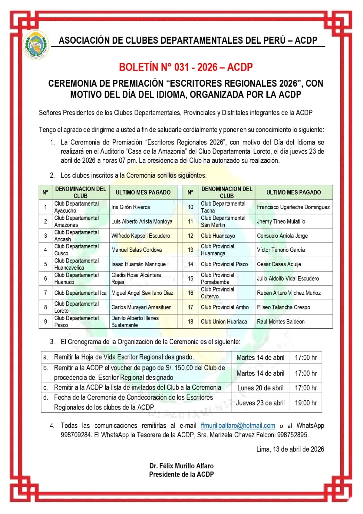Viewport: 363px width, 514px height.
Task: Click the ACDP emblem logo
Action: pos(37,45)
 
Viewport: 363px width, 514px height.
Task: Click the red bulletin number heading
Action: pos(186,67)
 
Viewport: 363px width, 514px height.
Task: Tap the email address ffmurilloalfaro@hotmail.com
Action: pos(238,425)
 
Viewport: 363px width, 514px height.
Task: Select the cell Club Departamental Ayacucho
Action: pos(76,207)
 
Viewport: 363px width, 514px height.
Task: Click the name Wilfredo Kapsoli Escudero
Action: pos(141,235)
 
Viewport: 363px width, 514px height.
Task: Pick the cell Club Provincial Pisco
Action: pos(224,264)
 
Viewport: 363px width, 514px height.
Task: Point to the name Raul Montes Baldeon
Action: pos(281,321)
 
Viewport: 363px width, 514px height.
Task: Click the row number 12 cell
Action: pos(190,235)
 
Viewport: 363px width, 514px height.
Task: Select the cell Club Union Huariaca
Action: pos(224,321)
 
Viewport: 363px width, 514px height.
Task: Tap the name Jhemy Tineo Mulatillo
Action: pos(281,221)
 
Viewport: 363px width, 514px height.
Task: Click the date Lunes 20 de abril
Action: pos(260,388)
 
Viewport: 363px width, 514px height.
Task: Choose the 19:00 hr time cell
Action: pos(306,403)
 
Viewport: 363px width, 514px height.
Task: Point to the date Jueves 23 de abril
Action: pos(260,403)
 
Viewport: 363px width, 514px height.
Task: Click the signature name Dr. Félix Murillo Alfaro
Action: pos(181,465)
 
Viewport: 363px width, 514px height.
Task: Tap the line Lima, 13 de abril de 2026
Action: pos(290,449)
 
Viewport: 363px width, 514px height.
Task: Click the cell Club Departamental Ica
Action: pos(80,293)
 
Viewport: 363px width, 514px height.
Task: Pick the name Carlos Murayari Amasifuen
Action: pos(141,307)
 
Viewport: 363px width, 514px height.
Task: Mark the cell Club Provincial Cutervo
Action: pos(218,293)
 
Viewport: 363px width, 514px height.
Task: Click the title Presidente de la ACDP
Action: pos(181,474)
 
